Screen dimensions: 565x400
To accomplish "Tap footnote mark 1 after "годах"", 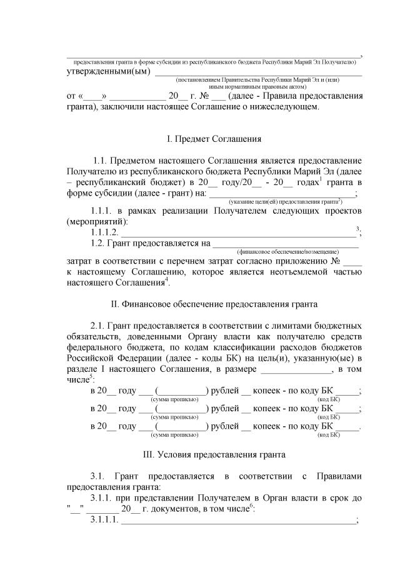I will [x=321, y=179].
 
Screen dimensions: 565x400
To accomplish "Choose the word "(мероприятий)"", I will [x=97, y=221].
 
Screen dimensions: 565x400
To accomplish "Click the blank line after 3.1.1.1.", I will [x=237, y=522].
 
